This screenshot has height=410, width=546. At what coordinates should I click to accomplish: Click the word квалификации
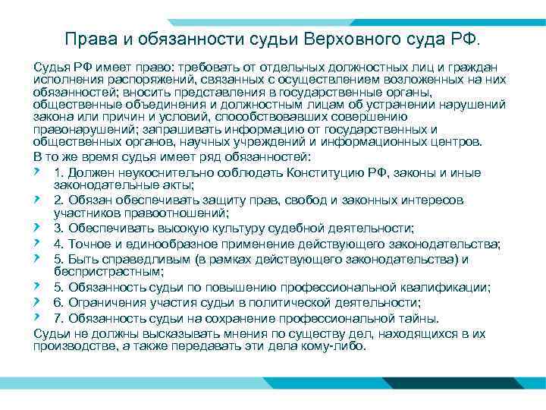[x=449, y=287]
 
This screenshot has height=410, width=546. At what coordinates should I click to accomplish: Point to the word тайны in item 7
[x=439, y=318]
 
